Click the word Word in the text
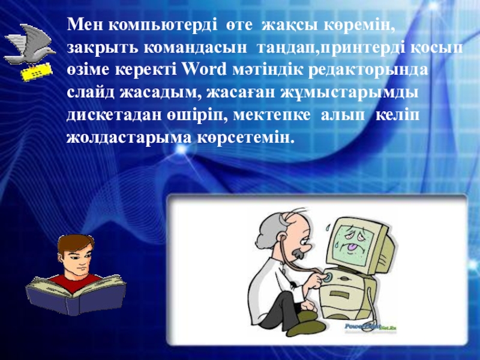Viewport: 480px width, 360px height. point(204,70)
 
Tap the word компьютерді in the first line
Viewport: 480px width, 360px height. point(163,25)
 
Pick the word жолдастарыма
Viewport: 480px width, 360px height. point(129,139)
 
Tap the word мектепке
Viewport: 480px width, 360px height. point(272,116)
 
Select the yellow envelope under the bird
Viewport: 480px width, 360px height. point(37,72)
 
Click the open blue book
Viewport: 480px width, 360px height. point(76,295)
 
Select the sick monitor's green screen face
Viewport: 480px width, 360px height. point(357,245)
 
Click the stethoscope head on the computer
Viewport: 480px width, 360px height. point(327,277)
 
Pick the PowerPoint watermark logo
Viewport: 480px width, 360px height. point(370,327)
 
